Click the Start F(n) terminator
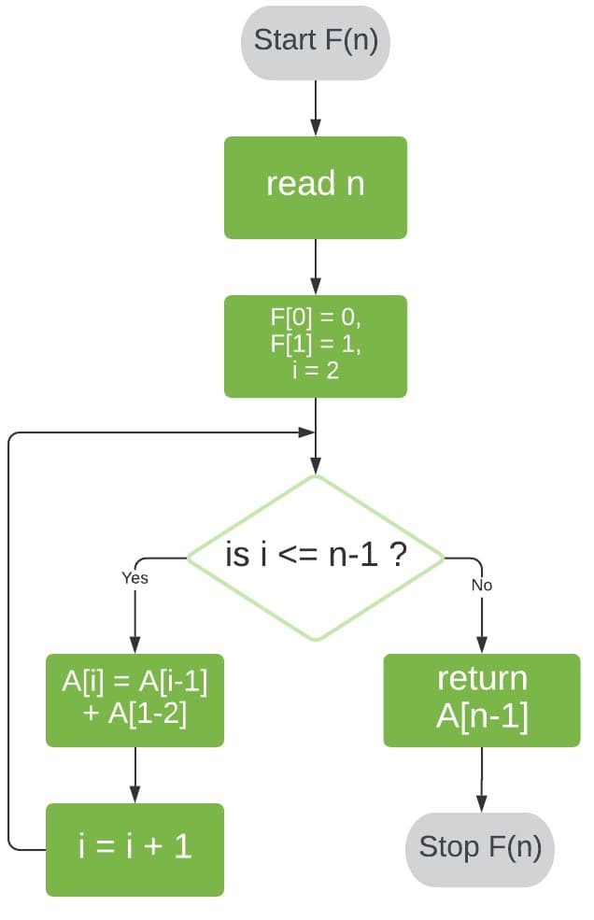315,42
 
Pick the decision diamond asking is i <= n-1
316,558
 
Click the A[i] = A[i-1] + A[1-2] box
134,700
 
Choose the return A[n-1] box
482,700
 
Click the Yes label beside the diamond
134,578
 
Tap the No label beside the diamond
482,586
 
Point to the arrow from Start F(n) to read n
315,107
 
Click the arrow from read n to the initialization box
315,266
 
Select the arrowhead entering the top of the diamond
316,466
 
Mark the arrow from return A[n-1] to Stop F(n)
482,779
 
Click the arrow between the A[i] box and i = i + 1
135,774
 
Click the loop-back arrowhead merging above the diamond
305,433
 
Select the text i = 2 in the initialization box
315,371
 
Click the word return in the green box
482,679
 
